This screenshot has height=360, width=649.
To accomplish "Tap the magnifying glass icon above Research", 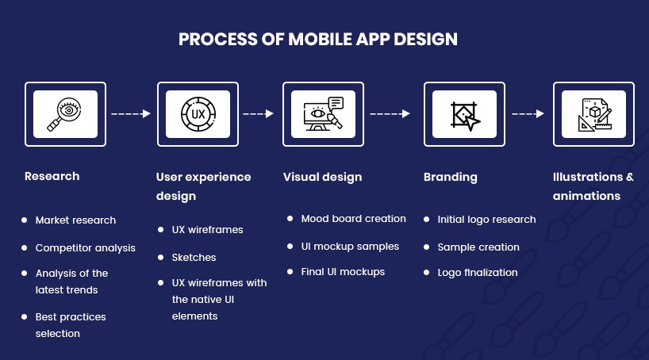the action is pos(64,114).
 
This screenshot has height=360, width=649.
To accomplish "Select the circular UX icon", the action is pos(198,114).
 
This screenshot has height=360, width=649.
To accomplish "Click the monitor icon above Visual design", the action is pos(323,114).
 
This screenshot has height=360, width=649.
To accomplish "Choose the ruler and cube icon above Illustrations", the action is pos(595,115).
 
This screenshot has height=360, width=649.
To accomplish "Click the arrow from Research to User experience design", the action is pos(131,114).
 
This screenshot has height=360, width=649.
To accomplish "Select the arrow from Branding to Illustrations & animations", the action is pos(528,114).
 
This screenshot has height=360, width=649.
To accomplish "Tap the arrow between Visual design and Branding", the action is pos(390,114).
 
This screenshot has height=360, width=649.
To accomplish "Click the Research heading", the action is pos(52,176).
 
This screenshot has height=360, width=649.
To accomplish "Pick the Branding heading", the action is pos(451,177).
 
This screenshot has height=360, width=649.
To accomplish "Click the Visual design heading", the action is pos(322,177).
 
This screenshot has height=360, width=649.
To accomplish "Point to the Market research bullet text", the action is pos(75,220).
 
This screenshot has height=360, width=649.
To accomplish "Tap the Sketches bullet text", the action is pos(194,258).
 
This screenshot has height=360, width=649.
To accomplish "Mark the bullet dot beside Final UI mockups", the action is pos(290,272).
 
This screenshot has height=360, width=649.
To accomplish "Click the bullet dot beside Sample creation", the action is pos(427,247).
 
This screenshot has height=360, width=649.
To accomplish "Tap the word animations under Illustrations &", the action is pos(586,196).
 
